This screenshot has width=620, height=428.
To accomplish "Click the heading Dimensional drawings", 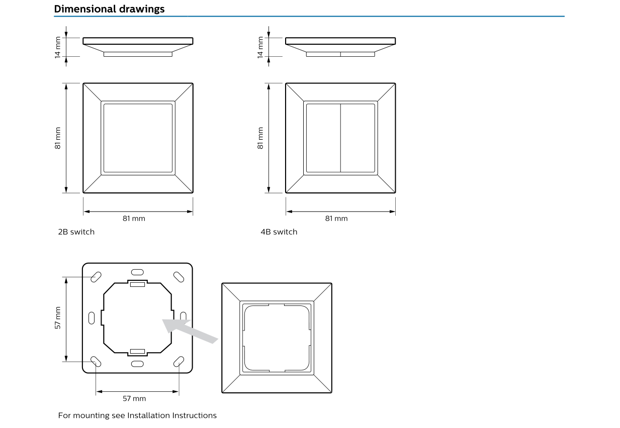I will point(109,9).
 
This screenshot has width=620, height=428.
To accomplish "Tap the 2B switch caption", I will point(76,232).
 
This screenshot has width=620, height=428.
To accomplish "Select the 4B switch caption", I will point(279,232).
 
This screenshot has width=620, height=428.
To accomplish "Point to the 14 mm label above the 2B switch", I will point(58,47).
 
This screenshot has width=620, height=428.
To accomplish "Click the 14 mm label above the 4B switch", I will point(260,47).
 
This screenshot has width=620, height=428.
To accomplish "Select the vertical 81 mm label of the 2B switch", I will point(58,138).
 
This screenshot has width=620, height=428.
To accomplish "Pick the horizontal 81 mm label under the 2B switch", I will point(134,219).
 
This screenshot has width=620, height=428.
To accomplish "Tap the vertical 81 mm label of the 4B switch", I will point(260,138).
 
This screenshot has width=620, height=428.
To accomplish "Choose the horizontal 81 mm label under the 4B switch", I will point(336,219).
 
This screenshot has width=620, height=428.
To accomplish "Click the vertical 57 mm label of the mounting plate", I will point(58,318).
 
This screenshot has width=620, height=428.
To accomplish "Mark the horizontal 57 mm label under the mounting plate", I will point(134,398).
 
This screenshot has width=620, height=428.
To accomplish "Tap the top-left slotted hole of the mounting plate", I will point(96,276).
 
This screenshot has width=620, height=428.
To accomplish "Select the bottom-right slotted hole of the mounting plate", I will point(179,361).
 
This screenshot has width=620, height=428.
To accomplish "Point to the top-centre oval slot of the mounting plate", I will point(137,272).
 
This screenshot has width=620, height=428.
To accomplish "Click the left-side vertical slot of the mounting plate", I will point(92,318).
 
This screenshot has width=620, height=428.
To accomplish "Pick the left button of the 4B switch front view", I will point(323,138).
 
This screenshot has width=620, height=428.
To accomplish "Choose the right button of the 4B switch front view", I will point(358,138).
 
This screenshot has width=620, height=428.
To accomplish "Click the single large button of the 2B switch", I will point(138,138).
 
